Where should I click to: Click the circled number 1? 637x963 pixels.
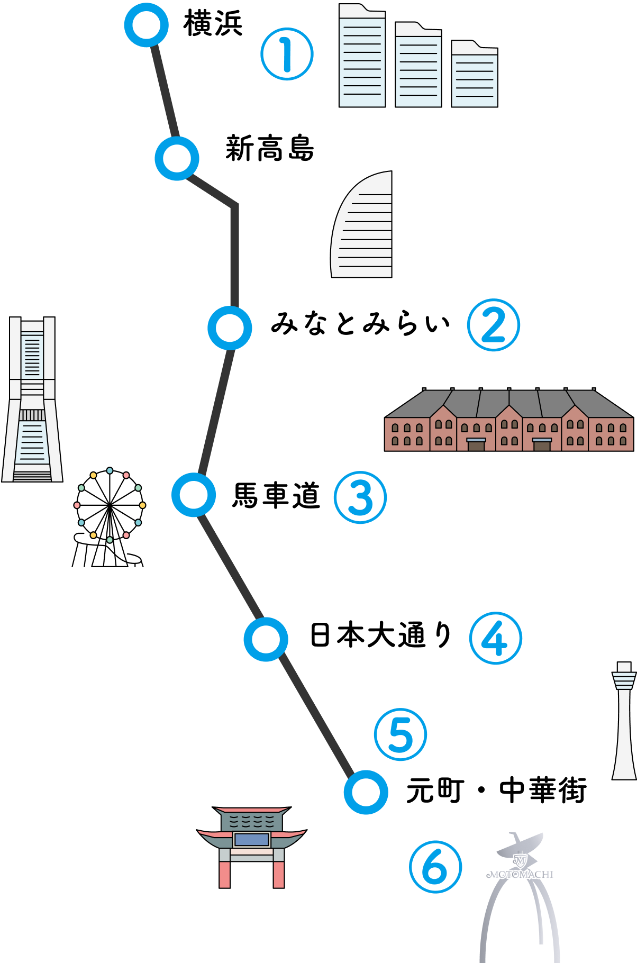287,54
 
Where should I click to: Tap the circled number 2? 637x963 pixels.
493,325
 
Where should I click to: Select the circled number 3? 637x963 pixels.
360,497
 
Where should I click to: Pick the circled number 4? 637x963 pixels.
495,638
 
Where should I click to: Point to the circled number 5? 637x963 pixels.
401,734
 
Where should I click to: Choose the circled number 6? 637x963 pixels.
435,867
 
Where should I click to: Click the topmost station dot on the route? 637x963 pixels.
146,25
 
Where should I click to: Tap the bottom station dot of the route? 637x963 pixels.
366,792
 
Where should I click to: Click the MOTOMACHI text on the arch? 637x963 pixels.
520,875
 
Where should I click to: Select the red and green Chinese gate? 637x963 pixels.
252,847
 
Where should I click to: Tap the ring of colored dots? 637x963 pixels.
110,505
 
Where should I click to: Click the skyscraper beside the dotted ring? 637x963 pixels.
32,399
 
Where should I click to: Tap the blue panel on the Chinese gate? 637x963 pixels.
252,840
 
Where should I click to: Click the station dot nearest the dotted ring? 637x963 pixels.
194,495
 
